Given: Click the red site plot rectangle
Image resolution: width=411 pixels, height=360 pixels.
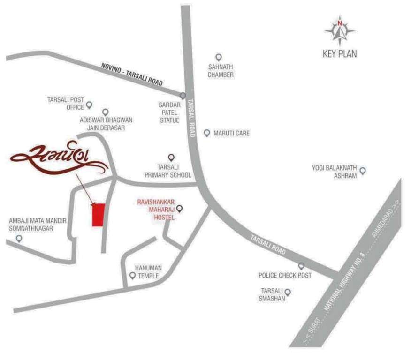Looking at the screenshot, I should pyautogui.click(x=98, y=215).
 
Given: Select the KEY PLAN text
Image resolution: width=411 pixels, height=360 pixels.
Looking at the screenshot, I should pyautogui.click(x=340, y=54).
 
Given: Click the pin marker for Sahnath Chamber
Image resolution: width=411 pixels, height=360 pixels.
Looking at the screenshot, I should pyautogui.click(x=218, y=57).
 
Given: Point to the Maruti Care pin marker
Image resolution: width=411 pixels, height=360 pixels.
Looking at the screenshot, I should pyautogui.click(x=206, y=133).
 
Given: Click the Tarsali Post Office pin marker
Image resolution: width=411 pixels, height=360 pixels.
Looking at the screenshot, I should pyautogui.click(x=89, y=105).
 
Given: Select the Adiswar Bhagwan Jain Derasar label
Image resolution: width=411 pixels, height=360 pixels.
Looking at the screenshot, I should pyautogui.click(x=106, y=124).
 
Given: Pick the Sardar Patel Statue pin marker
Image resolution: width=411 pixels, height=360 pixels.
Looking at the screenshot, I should pyautogui.click(x=183, y=96).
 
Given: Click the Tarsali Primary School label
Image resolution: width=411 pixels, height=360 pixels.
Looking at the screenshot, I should pyautogui.click(x=167, y=171).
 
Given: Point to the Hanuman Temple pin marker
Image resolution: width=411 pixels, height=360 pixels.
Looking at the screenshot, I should pyautogui.click(x=133, y=276).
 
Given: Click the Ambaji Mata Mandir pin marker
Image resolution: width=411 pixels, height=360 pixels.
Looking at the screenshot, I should pyautogui.click(x=19, y=239).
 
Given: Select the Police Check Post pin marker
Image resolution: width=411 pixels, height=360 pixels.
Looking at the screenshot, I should pyautogui.click(x=301, y=266).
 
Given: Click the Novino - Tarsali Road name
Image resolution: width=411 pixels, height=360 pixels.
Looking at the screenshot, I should pyautogui.click(x=132, y=74).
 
